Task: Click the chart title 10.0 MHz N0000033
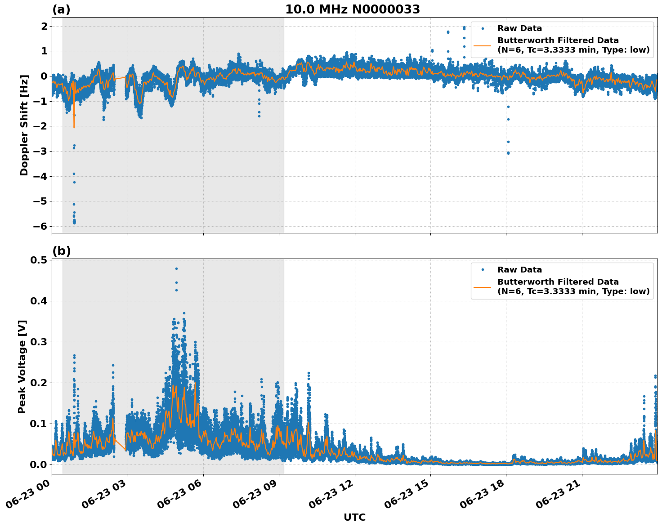click(353, 9)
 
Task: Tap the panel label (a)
click(61, 9)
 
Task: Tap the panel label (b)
click(61, 251)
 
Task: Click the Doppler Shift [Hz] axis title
click(24, 125)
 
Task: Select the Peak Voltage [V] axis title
click(22, 366)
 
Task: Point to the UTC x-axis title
click(354, 517)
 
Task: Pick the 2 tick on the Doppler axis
click(44, 26)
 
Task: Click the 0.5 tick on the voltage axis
click(39, 260)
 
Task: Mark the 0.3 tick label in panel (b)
click(39, 342)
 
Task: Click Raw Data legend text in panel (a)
click(519, 28)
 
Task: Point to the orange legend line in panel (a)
click(482, 45)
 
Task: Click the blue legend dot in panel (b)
click(482, 270)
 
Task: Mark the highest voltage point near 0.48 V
click(176, 268)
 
